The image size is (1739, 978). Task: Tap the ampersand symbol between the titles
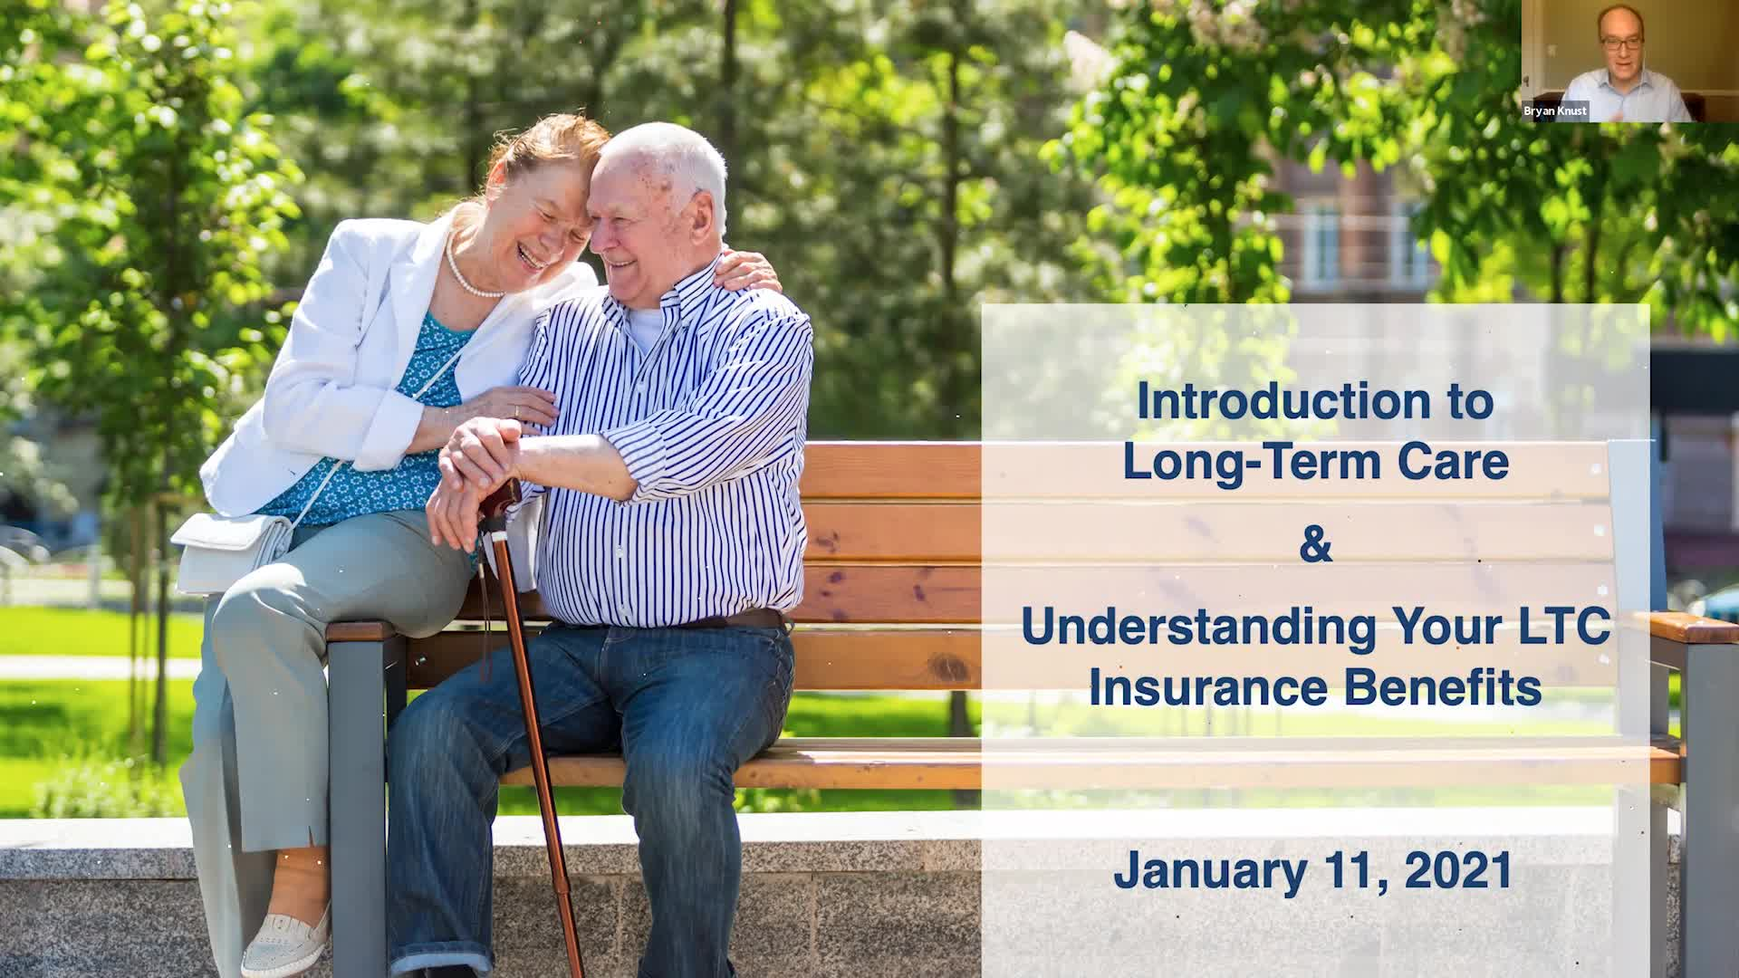(1316, 545)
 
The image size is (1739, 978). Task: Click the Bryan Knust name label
(1554, 111)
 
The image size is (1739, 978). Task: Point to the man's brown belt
(734, 621)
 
